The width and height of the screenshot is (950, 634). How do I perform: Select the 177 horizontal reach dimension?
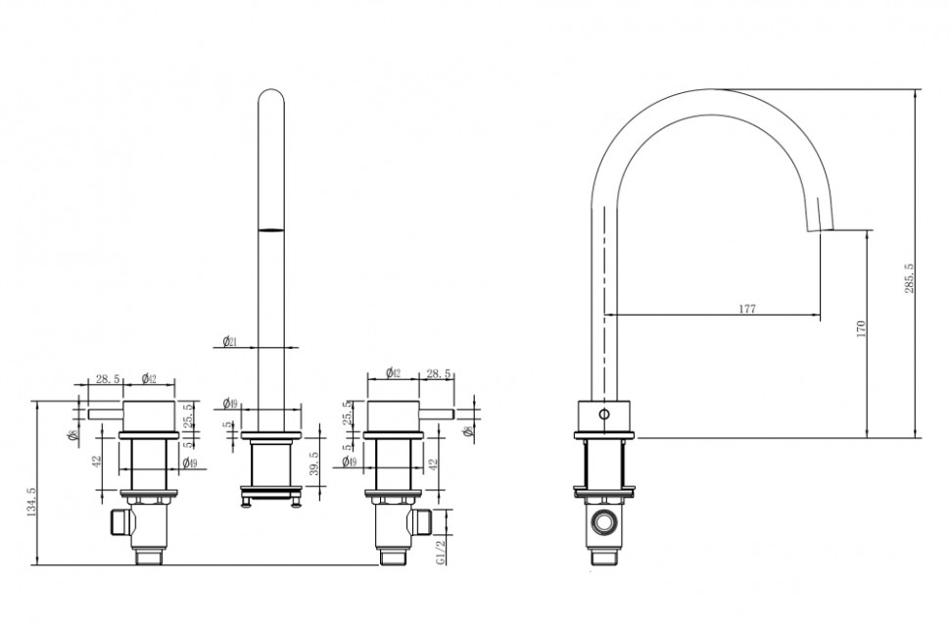746,309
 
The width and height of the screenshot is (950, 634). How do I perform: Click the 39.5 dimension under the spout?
313,463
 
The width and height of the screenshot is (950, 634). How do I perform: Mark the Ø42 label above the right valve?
392,372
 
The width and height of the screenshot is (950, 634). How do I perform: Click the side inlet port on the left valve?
121,521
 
